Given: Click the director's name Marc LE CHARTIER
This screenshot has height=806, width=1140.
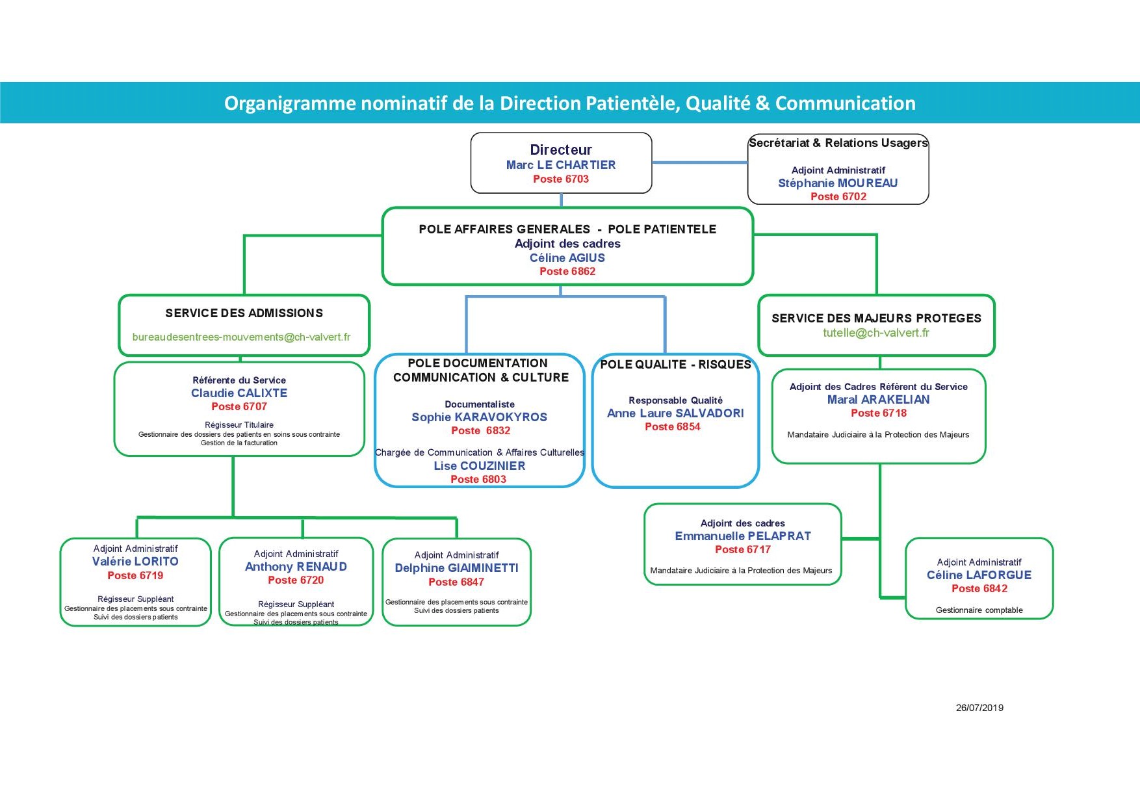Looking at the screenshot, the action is (561, 165).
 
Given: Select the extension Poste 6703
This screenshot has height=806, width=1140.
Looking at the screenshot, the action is (561, 179).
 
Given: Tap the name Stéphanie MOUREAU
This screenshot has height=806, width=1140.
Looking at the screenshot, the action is (838, 183).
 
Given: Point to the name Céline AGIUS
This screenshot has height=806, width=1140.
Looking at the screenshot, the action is (567, 258).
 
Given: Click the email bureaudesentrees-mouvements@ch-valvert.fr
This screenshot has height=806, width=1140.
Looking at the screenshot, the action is (241, 337).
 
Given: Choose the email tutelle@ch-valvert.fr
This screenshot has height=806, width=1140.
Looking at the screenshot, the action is (876, 333).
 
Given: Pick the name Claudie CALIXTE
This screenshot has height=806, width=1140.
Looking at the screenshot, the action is (239, 393).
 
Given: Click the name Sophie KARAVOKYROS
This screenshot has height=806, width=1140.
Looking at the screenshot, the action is (480, 417).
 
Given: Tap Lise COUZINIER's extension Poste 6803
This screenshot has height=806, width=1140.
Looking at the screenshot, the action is (478, 479).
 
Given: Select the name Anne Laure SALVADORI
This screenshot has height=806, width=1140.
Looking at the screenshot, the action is (675, 413).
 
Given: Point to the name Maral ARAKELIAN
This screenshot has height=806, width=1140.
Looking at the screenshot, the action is (878, 400).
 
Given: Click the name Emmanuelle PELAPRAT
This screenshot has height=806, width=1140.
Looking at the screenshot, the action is (743, 536).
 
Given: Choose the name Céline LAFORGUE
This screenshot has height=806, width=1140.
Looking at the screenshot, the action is (979, 575).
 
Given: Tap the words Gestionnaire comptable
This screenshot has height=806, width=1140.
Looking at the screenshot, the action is (979, 610).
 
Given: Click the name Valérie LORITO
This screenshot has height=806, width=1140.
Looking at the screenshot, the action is (135, 562).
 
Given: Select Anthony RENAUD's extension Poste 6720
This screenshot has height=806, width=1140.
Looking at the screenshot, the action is (296, 580).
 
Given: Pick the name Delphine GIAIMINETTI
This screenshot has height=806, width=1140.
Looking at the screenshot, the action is (457, 568).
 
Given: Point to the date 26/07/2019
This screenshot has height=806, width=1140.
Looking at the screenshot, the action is (979, 708).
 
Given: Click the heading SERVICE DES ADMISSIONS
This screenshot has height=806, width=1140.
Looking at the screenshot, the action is (244, 313).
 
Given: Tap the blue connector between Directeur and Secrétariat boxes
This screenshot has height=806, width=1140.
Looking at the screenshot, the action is (700, 162).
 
